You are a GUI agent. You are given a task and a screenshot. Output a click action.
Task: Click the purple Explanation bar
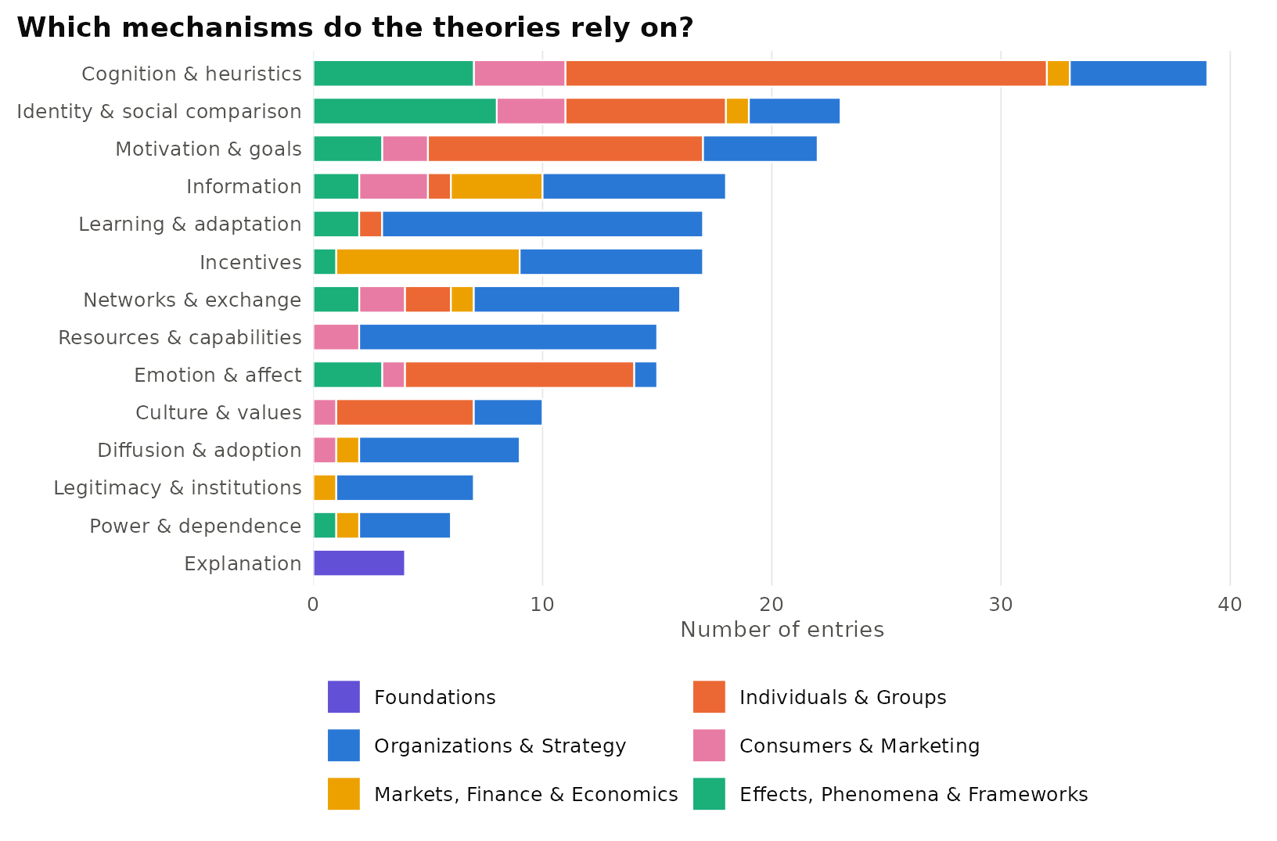[x=359, y=563]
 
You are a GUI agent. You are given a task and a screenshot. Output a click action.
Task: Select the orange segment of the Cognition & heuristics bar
[x=806, y=74]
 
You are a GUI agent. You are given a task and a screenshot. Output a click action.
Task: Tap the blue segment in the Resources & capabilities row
[x=508, y=337]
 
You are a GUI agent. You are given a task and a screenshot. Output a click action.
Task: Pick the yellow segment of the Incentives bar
[x=428, y=262]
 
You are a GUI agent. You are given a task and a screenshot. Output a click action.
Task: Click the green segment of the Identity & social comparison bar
[x=405, y=111]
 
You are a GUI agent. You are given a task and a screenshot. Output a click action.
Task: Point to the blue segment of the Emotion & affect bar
[x=646, y=375]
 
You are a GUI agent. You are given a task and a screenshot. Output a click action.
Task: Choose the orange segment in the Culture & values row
[x=405, y=412]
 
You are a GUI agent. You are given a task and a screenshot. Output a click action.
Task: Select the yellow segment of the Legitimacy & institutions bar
[x=325, y=487]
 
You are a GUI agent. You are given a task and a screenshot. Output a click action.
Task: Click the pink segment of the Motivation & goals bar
[x=405, y=149]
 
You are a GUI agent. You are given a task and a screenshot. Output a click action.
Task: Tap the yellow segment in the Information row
[x=497, y=186]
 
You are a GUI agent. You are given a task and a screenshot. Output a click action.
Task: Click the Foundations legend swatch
[x=344, y=697]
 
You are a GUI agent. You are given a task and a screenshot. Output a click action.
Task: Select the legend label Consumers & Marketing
[x=859, y=746]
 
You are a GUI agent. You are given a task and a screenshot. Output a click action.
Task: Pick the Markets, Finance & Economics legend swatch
[x=344, y=794]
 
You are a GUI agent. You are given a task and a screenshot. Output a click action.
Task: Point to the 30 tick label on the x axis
[x=1001, y=605]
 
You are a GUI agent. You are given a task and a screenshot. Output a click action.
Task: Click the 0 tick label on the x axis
[x=313, y=605]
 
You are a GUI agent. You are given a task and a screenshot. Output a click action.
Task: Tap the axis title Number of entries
[x=782, y=630]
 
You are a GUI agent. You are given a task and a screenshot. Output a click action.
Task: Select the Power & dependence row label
[x=196, y=526]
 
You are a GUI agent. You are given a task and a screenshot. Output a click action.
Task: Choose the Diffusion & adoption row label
[x=200, y=451]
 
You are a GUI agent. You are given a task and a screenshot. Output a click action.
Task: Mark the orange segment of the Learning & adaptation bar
[x=371, y=224]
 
